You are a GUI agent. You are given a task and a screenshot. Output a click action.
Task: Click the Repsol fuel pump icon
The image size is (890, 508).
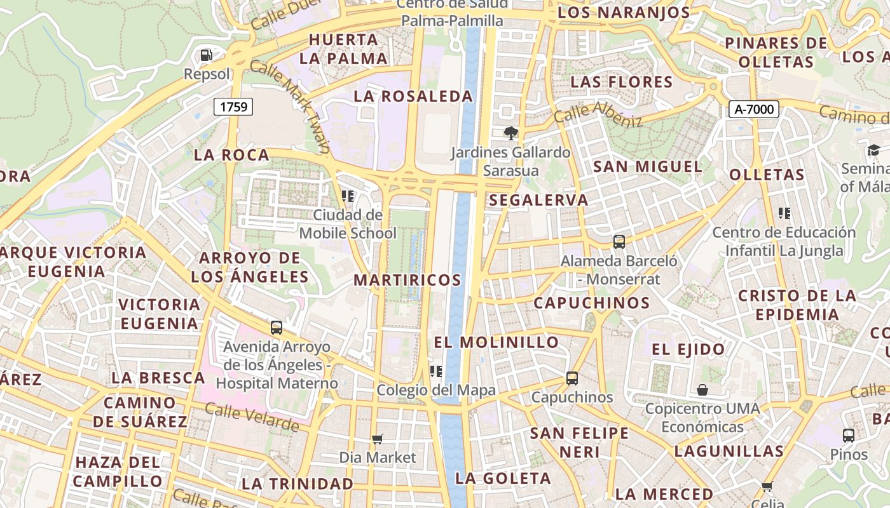pyautogui.click(x=206, y=55)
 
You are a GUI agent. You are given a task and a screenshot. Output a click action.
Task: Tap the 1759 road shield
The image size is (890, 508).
pyautogui.click(x=233, y=107)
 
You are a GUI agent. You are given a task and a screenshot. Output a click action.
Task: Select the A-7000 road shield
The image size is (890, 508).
pyautogui.click(x=754, y=109)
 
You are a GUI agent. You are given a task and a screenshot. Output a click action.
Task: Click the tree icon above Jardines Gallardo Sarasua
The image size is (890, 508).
pyautogui.click(x=510, y=133)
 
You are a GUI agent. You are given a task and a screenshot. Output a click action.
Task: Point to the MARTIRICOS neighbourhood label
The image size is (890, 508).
pyautogui.click(x=407, y=280)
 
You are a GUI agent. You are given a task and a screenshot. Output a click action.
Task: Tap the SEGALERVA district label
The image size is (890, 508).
pyautogui.click(x=538, y=200)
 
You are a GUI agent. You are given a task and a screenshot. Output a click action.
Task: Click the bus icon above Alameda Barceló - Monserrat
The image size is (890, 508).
pyautogui.click(x=619, y=242)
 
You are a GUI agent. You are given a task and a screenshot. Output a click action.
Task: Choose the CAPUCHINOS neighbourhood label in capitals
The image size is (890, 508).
pyautogui.click(x=591, y=303)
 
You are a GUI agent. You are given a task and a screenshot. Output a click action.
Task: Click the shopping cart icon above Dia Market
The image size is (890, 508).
pyautogui.click(x=378, y=439)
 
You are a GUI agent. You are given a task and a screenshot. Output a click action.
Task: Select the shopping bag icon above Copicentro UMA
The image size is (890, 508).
pyautogui.click(x=702, y=389)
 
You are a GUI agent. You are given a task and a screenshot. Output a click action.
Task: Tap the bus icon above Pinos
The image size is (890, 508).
pyautogui.click(x=849, y=436)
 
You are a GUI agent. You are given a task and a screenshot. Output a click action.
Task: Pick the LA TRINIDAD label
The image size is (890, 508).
pyautogui.click(x=297, y=484)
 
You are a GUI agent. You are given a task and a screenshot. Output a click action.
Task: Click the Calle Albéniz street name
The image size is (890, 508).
pyautogui.click(x=598, y=114)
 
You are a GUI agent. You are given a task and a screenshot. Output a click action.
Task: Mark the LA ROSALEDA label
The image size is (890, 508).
pyautogui.click(x=413, y=97)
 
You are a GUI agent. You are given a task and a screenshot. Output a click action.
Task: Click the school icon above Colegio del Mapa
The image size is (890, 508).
pyautogui.click(x=436, y=371)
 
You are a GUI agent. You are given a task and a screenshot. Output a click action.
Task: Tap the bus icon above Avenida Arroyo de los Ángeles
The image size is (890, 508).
pyautogui.click(x=277, y=328)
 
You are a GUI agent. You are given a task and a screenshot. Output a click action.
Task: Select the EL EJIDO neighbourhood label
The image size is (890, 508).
pyautogui.click(x=688, y=349)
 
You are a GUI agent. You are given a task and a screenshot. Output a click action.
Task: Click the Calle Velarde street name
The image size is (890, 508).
pyautogui.click(x=252, y=417)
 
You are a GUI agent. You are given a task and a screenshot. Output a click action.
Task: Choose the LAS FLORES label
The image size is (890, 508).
pyautogui.click(x=621, y=82)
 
